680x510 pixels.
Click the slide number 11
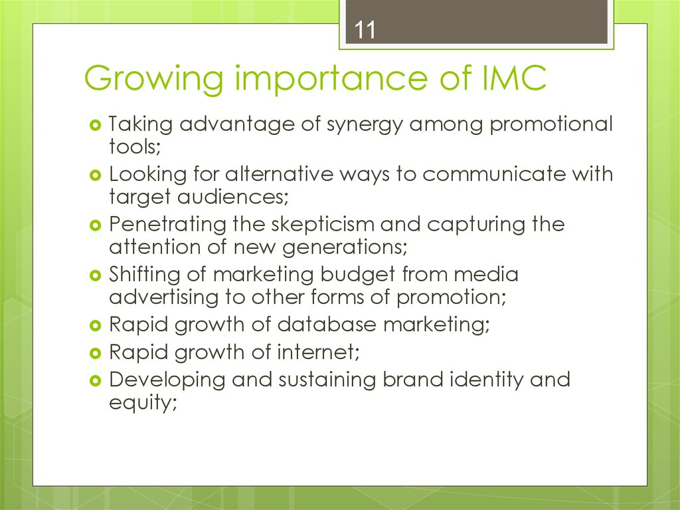[x=364, y=31]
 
